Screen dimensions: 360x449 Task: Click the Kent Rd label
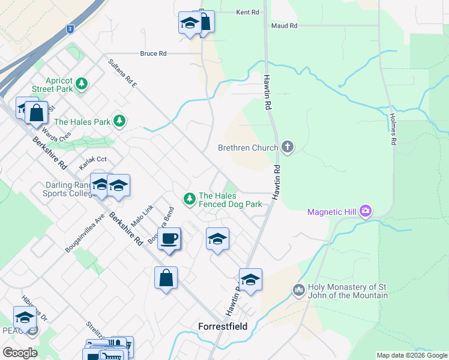pos(247,12)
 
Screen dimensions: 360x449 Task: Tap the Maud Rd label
pos(284,26)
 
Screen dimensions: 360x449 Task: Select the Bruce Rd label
pos(153,53)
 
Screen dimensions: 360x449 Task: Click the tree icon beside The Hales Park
pos(120,121)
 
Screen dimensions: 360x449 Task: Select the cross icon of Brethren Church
pos(288,147)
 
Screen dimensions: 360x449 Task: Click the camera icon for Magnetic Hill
pos(365,211)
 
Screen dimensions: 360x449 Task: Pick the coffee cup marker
pos(169,238)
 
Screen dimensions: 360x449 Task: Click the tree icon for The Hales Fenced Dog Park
pos(190,199)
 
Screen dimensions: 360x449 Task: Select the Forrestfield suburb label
pos(223,327)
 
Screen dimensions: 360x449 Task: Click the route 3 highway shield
pos(70,28)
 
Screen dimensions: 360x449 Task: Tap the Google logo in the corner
pos(20,353)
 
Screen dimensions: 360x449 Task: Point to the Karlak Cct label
pos(93,160)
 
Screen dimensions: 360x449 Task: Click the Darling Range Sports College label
pos(67,190)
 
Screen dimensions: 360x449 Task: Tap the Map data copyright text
pos(411,355)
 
